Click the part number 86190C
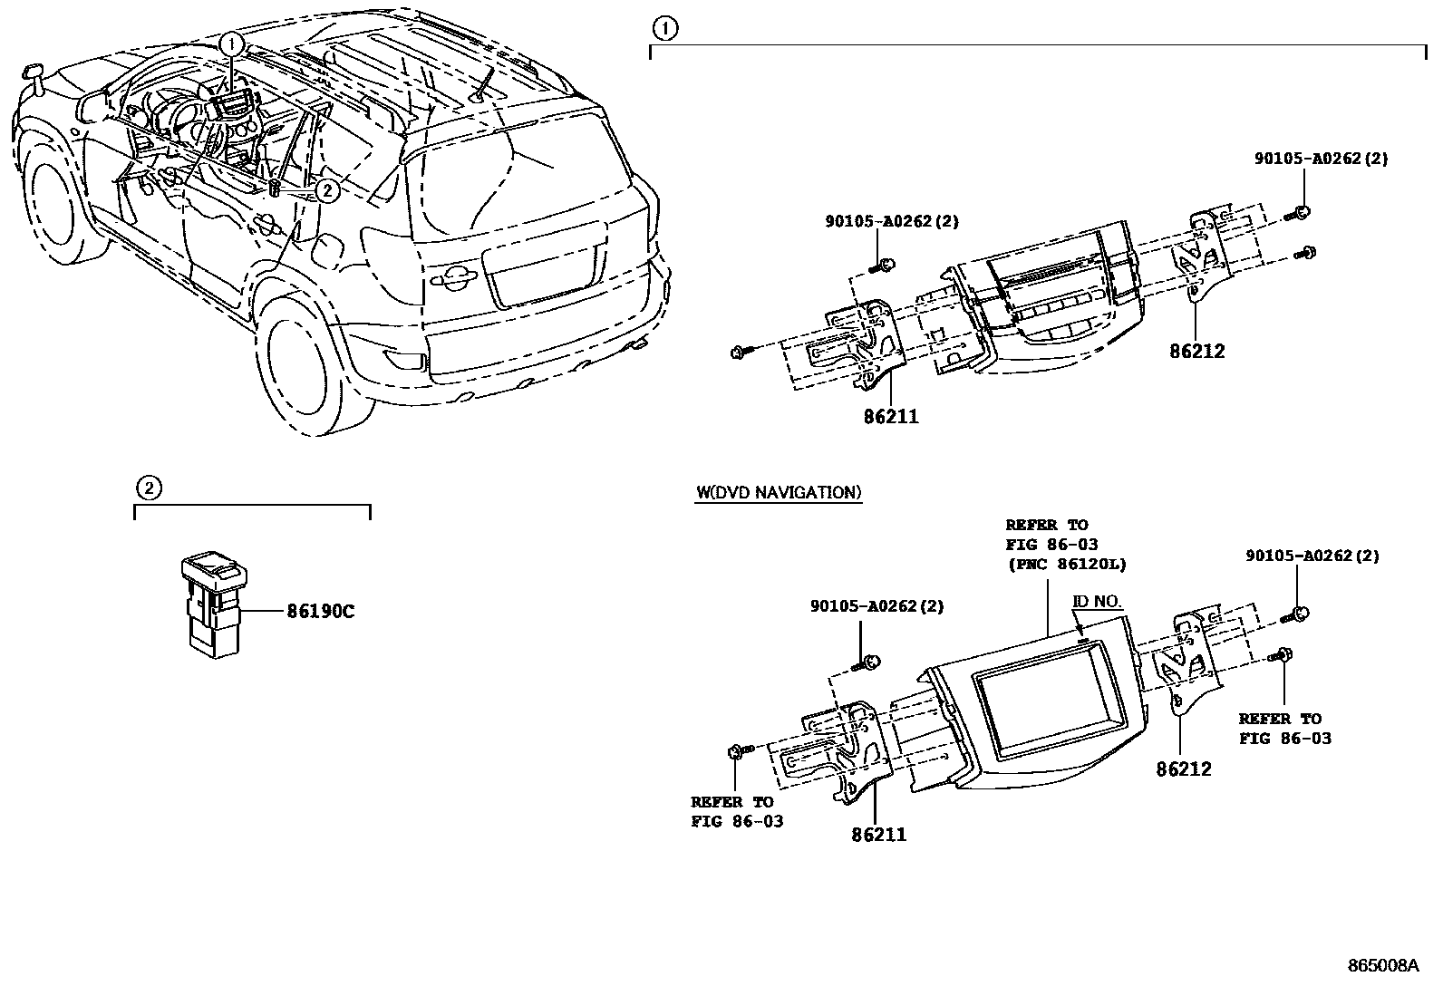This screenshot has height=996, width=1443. tap(320, 612)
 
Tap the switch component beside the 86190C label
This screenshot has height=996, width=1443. tap(215, 603)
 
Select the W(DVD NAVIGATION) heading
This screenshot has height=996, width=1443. tap(778, 493)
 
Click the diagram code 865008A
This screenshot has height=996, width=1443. tap(1382, 965)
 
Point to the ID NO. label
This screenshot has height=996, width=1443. tap(1097, 602)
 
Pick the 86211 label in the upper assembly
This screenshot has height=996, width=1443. tap(890, 417)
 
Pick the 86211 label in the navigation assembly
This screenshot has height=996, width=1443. tap(878, 835)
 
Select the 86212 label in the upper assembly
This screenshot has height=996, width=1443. tap(1196, 352)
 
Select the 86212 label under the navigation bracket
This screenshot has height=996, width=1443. tap(1183, 769)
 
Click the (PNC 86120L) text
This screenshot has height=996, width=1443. tap(1066, 564)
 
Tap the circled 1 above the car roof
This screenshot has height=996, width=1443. tap(233, 43)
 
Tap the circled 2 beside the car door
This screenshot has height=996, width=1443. tap(328, 189)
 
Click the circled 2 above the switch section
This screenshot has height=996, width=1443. tap(150, 488)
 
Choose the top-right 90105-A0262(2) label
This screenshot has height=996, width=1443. tap(1321, 159)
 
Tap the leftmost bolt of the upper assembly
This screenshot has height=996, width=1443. tap(739, 352)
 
